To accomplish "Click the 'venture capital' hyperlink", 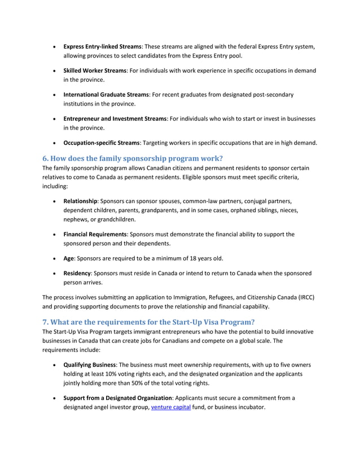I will [172, 407].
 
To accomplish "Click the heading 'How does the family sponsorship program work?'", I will [133, 158].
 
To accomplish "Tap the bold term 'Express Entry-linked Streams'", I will [102, 46].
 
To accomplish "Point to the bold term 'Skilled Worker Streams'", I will [94, 71].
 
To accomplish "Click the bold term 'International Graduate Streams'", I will [104, 94].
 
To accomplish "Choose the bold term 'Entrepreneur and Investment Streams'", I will [115, 118].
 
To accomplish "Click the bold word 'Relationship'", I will [81, 201].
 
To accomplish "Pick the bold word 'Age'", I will [69, 258].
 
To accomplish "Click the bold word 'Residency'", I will [78, 273].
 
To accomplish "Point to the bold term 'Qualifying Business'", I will [89, 364].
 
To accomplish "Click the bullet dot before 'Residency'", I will [54, 274].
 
